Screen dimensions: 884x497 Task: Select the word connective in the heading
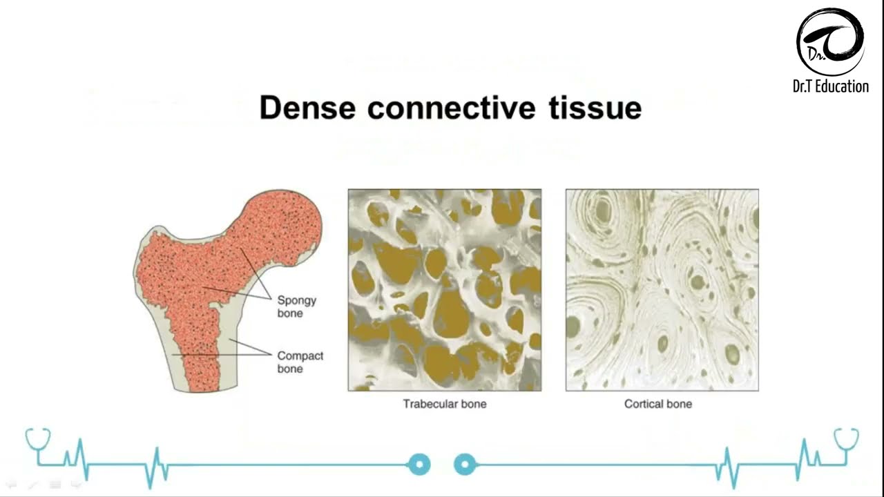tap(452, 107)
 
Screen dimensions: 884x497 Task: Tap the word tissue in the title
tap(595, 107)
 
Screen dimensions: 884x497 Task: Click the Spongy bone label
tap(297, 306)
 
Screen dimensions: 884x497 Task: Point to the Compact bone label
tap(300, 362)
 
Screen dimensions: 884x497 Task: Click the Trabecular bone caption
tap(445, 404)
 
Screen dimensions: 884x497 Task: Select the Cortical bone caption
tap(658, 404)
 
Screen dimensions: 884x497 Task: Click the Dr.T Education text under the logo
tap(831, 86)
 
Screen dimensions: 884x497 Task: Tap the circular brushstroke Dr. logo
tap(830, 42)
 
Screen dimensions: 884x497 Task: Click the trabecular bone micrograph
tap(445, 290)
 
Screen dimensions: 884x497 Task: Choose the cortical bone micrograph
tap(662, 290)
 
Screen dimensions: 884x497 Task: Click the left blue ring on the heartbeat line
tap(419, 465)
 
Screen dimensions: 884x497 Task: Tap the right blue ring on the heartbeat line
tap(465, 465)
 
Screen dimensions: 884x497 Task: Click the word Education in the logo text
tap(842, 86)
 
